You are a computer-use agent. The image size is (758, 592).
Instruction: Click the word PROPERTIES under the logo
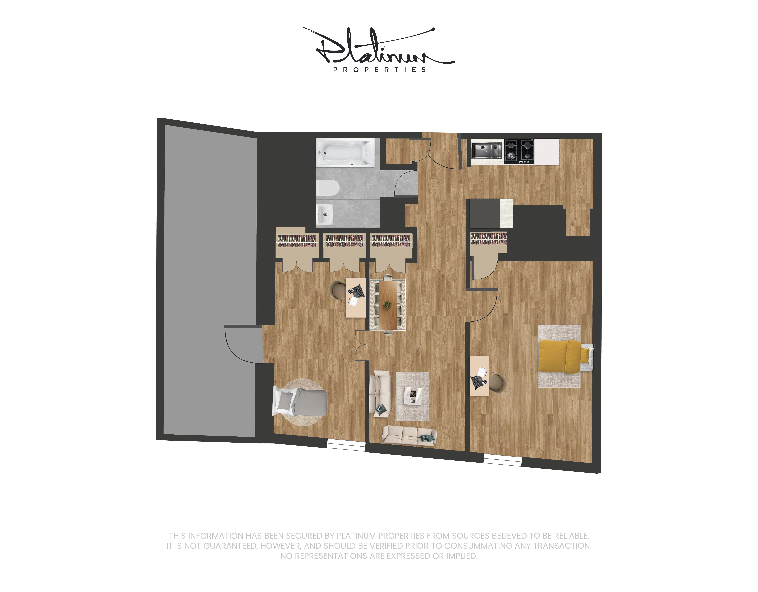coord(379,70)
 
